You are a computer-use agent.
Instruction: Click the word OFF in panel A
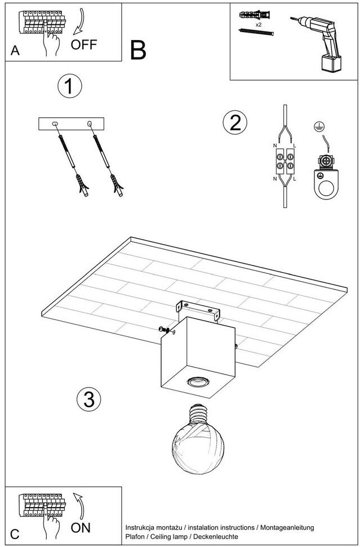coord(84,45)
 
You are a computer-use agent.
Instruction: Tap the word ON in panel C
coord(81,527)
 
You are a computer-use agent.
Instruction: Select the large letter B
coord(138,51)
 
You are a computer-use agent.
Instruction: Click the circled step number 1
coord(70,87)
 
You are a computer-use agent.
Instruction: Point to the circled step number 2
coord(235,123)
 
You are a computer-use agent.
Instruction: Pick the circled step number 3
coord(89,399)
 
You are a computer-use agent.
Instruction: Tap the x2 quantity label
coord(259,25)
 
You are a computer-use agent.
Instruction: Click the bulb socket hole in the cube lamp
coord(197,381)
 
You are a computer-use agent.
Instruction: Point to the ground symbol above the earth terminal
coord(317,127)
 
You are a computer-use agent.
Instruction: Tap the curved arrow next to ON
coord(80,506)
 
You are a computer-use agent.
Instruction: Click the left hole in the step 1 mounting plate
coord(55,124)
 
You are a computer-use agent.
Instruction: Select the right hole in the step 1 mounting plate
coord(90,123)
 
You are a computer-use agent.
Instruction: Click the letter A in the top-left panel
coord(15,51)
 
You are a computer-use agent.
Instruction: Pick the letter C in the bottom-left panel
coord(15,535)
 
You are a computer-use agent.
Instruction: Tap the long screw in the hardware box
coord(256,32)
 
